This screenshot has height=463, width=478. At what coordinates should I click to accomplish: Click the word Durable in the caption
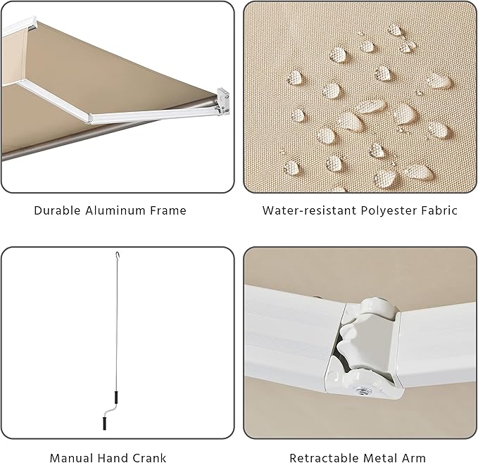(x=56, y=210)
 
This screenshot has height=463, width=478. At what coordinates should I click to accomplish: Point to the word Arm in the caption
(x=415, y=458)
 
